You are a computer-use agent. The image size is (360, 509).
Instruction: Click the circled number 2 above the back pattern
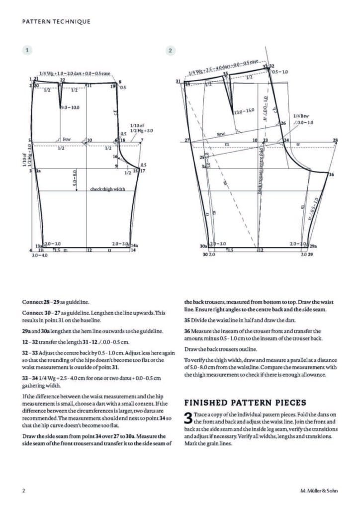click(170, 50)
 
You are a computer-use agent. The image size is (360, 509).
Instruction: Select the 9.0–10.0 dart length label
click(70, 108)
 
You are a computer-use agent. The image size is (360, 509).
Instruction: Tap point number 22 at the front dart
click(63, 80)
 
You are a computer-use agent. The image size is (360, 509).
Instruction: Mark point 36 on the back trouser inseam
click(332, 174)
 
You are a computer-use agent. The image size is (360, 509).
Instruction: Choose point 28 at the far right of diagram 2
click(335, 140)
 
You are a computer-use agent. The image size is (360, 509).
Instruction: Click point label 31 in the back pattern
click(178, 81)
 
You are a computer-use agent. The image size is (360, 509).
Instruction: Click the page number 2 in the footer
click(23, 491)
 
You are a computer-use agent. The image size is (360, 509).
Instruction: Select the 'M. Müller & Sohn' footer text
click(319, 491)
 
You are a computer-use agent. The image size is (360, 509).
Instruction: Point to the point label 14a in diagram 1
click(134, 245)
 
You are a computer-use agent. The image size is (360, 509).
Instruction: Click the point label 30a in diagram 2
click(203, 246)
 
